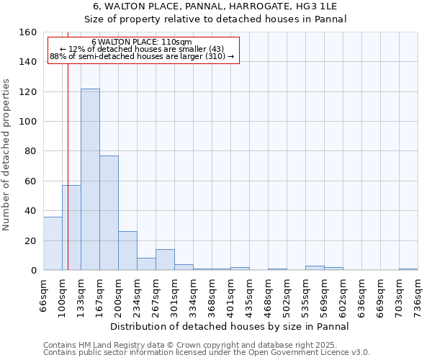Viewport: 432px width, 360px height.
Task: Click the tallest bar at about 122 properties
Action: click(90, 179)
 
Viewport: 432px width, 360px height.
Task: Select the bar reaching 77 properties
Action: click(109, 213)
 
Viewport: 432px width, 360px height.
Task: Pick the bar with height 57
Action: click(71, 228)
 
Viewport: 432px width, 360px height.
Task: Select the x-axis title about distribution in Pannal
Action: click(230, 326)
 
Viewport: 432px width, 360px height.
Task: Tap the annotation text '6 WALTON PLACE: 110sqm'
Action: click(142, 42)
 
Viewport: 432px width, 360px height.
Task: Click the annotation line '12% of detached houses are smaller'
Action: click(142, 49)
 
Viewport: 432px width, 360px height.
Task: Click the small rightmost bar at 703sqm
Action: click(408, 269)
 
